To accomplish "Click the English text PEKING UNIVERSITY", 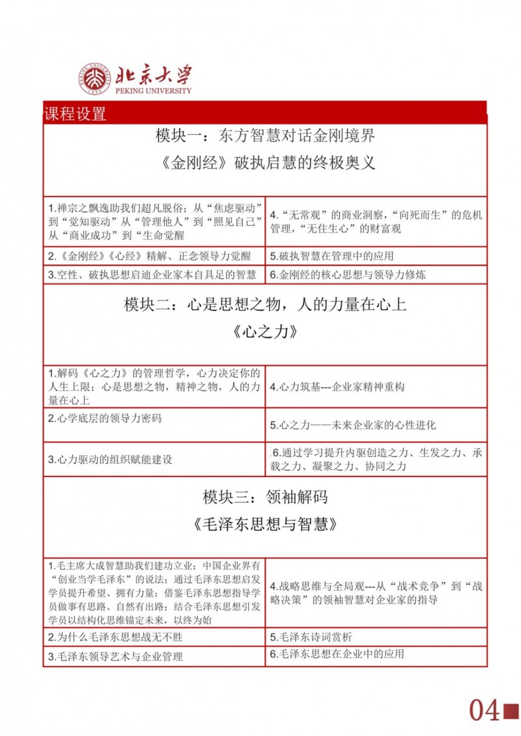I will tap(154, 91).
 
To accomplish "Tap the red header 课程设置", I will tap(75, 114).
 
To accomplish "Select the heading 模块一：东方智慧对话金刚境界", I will tap(265, 136).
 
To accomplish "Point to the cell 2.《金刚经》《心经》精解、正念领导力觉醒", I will tap(149, 256).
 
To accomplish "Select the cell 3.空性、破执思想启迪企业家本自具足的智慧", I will tap(152, 275).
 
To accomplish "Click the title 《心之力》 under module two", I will tap(265, 331).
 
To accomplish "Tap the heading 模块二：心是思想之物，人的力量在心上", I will tap(265, 304).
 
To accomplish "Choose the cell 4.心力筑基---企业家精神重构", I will tap(337, 387).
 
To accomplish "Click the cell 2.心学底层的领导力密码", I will tap(105, 418).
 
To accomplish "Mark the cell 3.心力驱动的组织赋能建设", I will tap(110, 459).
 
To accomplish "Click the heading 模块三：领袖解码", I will tap(265, 497).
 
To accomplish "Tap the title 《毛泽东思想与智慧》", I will tap(265, 524).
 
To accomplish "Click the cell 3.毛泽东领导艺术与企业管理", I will tap(115, 657).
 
